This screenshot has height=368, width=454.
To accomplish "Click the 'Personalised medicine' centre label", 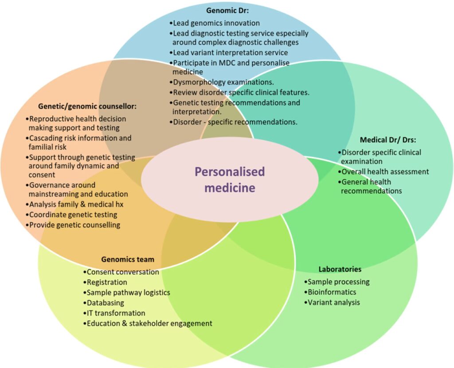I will pos(230,179).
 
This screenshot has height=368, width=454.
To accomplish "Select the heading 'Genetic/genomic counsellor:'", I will pos(87,106).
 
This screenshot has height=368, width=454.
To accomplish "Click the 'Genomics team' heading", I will pos(128,260).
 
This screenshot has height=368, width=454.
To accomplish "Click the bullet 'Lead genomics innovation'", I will pos(215,23).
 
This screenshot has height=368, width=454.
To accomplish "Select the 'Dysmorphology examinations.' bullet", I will pos(222,82).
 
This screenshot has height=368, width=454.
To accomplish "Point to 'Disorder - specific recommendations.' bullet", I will pos(234,121).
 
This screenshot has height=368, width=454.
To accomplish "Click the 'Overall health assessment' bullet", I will pos(384,172).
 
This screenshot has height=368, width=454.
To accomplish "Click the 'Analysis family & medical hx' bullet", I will pos(74,205).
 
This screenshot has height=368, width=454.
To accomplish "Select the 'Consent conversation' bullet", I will pos(121,272).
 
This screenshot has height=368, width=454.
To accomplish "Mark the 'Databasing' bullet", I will pos(104,303).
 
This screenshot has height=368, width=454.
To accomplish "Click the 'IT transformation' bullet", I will pos(114,313).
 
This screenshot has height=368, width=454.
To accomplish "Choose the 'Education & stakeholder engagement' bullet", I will pos(148,323).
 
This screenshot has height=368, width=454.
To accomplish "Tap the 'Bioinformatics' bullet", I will pos(330,292).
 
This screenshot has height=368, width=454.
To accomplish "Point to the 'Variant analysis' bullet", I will pos(332,302).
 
